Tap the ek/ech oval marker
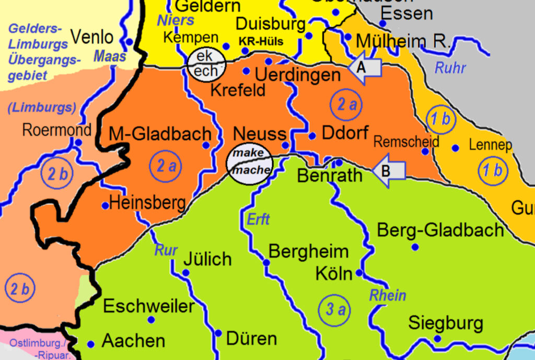(206, 64)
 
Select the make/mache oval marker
(252, 162)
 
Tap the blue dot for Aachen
(90, 344)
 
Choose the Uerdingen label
(297, 75)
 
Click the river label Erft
(258, 219)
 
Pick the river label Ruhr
(450, 68)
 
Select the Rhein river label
(388, 295)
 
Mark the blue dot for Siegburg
(437, 339)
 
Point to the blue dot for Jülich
(185, 272)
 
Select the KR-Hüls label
(261, 41)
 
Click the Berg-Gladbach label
(440, 230)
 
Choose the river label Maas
(110, 56)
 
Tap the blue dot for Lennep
(455, 148)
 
